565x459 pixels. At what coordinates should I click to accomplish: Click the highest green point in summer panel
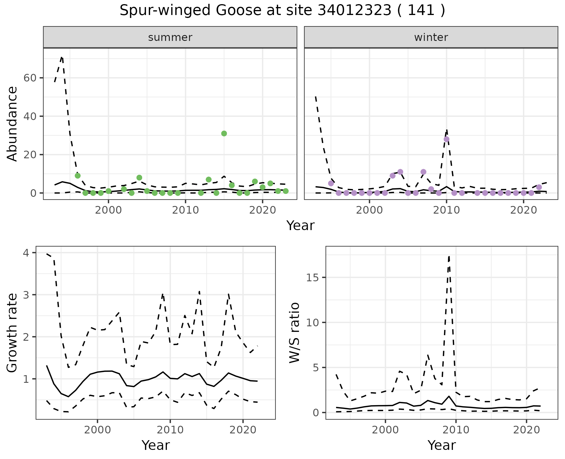click(224, 134)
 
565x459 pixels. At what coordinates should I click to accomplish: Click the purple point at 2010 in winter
click(446, 139)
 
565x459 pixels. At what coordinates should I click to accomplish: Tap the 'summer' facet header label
click(170, 37)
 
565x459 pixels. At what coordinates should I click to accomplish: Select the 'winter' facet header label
click(431, 37)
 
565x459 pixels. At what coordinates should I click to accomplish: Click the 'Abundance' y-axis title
click(12, 124)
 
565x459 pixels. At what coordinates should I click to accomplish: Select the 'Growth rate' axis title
click(12, 333)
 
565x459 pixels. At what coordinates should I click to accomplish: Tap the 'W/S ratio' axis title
click(294, 333)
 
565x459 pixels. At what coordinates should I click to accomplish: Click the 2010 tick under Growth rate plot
click(170, 430)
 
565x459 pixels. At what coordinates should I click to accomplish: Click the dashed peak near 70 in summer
click(62, 57)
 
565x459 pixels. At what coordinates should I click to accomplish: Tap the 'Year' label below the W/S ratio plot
click(441, 445)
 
